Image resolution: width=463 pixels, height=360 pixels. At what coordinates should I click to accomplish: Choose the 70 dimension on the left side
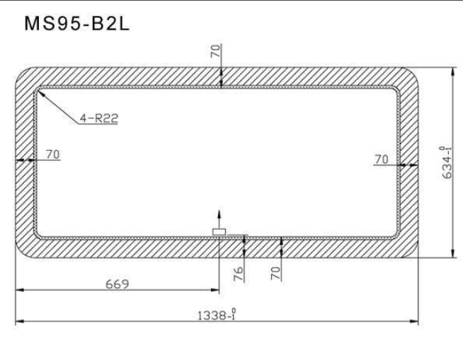tap(52, 153)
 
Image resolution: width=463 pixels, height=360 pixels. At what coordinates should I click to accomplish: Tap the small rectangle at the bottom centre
tap(219, 231)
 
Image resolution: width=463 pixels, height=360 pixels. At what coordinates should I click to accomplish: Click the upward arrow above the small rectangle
tap(219, 215)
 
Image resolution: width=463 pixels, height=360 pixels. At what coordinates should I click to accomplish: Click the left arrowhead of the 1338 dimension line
tap(18, 322)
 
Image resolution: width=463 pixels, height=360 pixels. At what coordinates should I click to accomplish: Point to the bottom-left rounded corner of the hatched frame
tap(25, 250)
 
